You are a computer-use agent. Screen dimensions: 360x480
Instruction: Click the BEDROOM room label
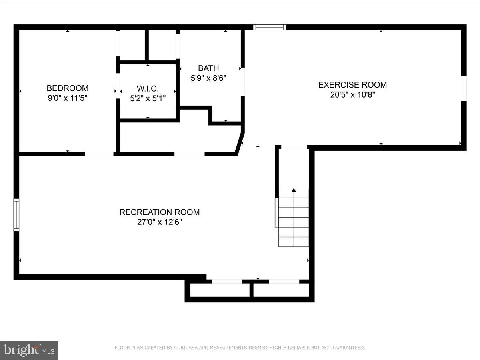68,88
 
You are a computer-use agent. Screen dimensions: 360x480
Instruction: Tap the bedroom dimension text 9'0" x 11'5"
68,98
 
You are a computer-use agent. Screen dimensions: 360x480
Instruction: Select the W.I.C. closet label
148,88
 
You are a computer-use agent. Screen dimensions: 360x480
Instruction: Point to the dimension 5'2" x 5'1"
148,98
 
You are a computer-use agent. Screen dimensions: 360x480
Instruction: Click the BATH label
208,68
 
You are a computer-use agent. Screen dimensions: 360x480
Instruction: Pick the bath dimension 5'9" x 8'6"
208,78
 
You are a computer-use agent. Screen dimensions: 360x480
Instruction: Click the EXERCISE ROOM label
352,85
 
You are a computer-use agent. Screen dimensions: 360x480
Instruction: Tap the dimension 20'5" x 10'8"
352,95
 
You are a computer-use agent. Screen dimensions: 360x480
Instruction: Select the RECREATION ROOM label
159,212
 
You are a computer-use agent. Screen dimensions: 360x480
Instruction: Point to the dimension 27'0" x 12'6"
159,222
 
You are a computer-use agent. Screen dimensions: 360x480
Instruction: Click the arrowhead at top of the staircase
294,190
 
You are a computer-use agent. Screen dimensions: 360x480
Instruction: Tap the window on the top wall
270,27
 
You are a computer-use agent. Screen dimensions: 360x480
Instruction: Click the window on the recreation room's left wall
16,215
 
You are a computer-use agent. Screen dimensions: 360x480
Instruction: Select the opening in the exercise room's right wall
464,88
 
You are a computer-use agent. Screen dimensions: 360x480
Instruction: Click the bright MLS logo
29,350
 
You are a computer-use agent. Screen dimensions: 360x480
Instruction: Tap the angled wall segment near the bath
240,142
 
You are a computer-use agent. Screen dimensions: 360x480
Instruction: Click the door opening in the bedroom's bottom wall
99,154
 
